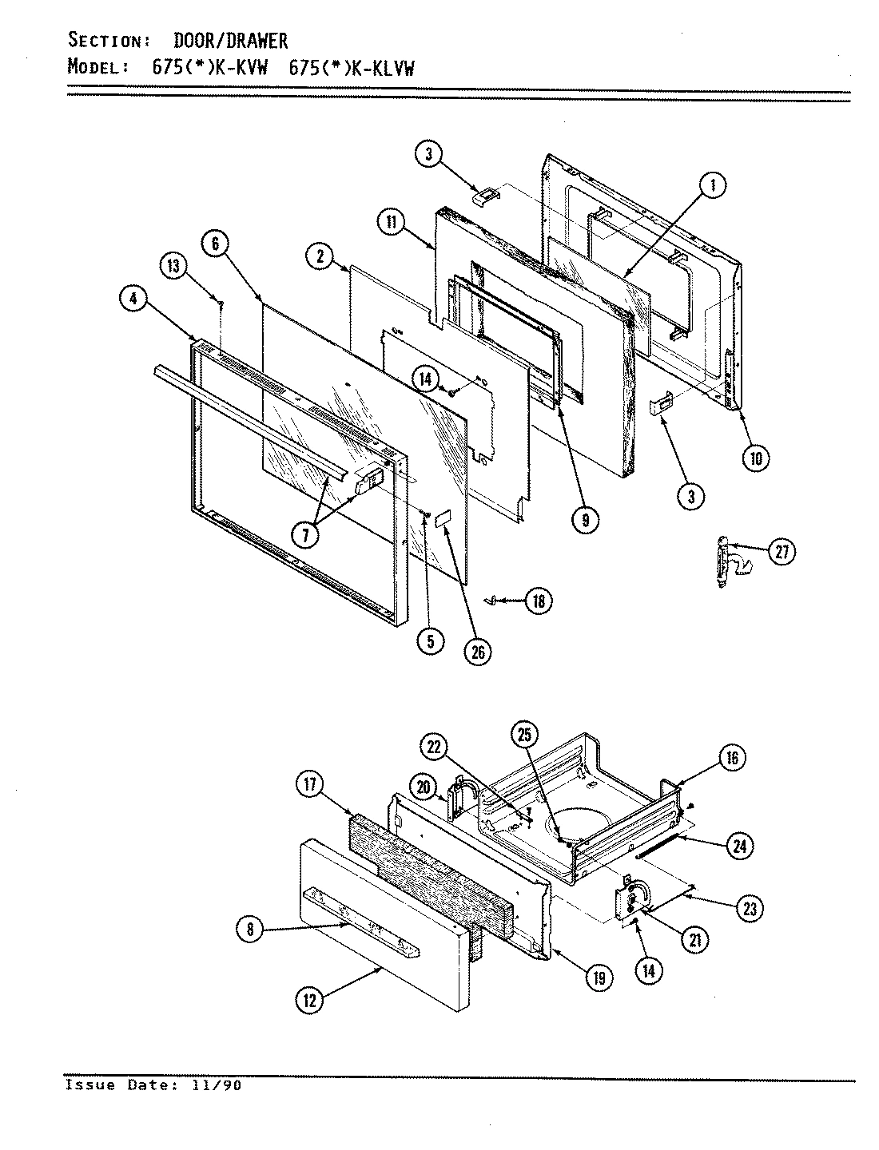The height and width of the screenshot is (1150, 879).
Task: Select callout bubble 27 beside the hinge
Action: coord(782,551)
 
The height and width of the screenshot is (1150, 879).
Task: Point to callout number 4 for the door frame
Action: coord(133,299)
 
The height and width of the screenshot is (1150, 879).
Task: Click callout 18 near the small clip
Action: coord(538,601)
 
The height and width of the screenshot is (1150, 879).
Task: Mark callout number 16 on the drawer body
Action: coord(733,757)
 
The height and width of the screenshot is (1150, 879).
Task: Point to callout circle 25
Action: coord(526,736)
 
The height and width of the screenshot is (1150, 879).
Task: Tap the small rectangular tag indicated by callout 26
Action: coord(444,519)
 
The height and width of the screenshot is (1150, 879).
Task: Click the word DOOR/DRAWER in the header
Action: coord(231,40)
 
